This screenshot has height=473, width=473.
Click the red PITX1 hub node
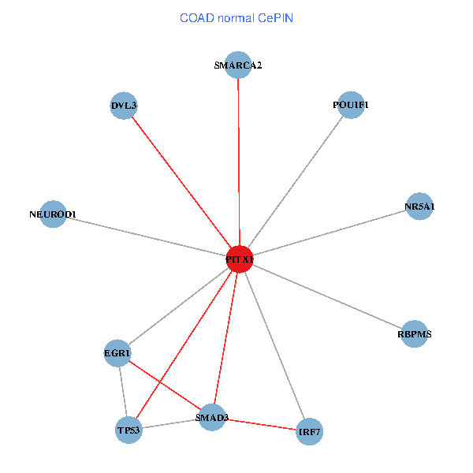click(x=239, y=259)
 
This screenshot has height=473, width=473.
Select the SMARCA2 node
click(x=237, y=65)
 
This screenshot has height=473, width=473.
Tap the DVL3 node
click(x=124, y=106)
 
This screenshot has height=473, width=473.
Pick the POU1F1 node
click(x=351, y=106)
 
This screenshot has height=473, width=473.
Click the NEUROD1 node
click(x=52, y=214)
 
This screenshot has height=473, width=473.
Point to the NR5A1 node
click(x=419, y=207)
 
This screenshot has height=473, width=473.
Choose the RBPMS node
click(x=415, y=334)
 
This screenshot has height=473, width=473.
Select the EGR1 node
click(x=117, y=353)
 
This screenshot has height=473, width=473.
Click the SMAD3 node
click(x=211, y=417)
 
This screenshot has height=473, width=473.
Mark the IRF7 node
click(x=309, y=432)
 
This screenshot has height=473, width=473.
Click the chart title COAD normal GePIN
click(x=236, y=17)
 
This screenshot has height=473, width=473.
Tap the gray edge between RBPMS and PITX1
click(x=326, y=296)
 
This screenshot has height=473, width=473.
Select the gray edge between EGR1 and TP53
click(x=122, y=392)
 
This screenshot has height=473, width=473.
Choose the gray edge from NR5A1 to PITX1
click(x=330, y=233)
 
